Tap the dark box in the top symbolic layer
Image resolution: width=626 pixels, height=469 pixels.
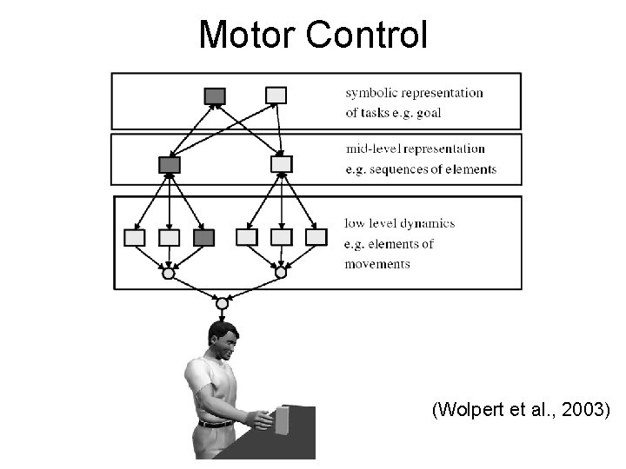[x=215, y=96]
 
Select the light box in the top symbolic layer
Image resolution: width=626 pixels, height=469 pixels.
[x=276, y=95]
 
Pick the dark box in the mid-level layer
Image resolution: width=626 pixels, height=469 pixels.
[x=170, y=163]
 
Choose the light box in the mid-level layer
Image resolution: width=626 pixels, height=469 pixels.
[x=282, y=163]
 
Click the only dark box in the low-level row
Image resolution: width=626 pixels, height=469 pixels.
[x=203, y=237]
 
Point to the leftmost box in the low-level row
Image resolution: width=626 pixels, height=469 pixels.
[x=135, y=237]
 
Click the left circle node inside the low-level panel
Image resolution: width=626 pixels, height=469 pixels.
[x=169, y=273]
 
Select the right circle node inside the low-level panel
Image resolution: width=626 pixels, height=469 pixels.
[x=281, y=273]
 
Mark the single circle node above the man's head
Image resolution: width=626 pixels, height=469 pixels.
[x=222, y=303]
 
